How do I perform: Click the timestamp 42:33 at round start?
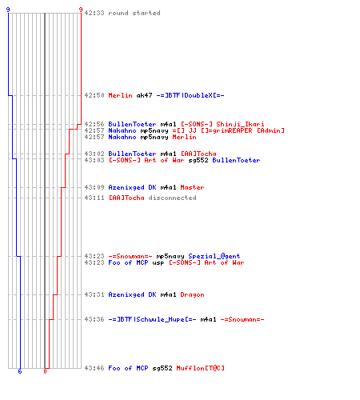(x=94, y=13)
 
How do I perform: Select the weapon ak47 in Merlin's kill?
(x=144, y=95)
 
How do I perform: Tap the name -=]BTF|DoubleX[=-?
(x=190, y=95)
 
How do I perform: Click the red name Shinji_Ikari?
(x=240, y=124)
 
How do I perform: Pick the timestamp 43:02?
(x=94, y=154)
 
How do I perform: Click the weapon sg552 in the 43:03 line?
(x=198, y=160)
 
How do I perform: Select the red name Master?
(x=192, y=187)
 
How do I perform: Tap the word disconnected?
(x=172, y=198)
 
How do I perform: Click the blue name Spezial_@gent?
(x=214, y=256)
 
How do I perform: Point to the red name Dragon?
(x=192, y=294)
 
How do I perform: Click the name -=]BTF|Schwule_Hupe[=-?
(x=152, y=319)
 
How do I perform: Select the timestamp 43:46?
(x=94, y=368)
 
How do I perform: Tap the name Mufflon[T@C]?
(x=200, y=368)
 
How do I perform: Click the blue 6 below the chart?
(x=20, y=371)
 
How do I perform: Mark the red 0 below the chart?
(x=45, y=371)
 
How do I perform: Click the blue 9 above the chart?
(x=8, y=10)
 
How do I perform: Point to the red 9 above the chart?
(x=81, y=10)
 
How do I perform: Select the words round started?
(x=134, y=13)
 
